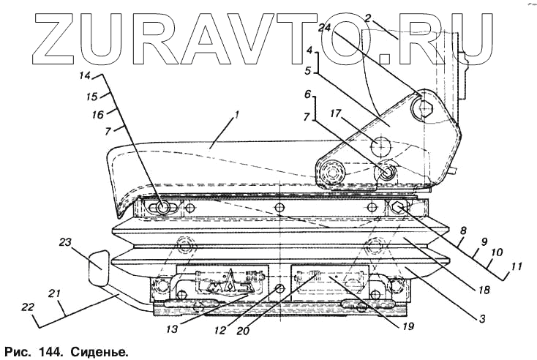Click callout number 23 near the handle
(x=65, y=241)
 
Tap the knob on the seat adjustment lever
(x=98, y=269)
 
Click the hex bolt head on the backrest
(x=425, y=110)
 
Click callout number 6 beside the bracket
(x=308, y=96)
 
